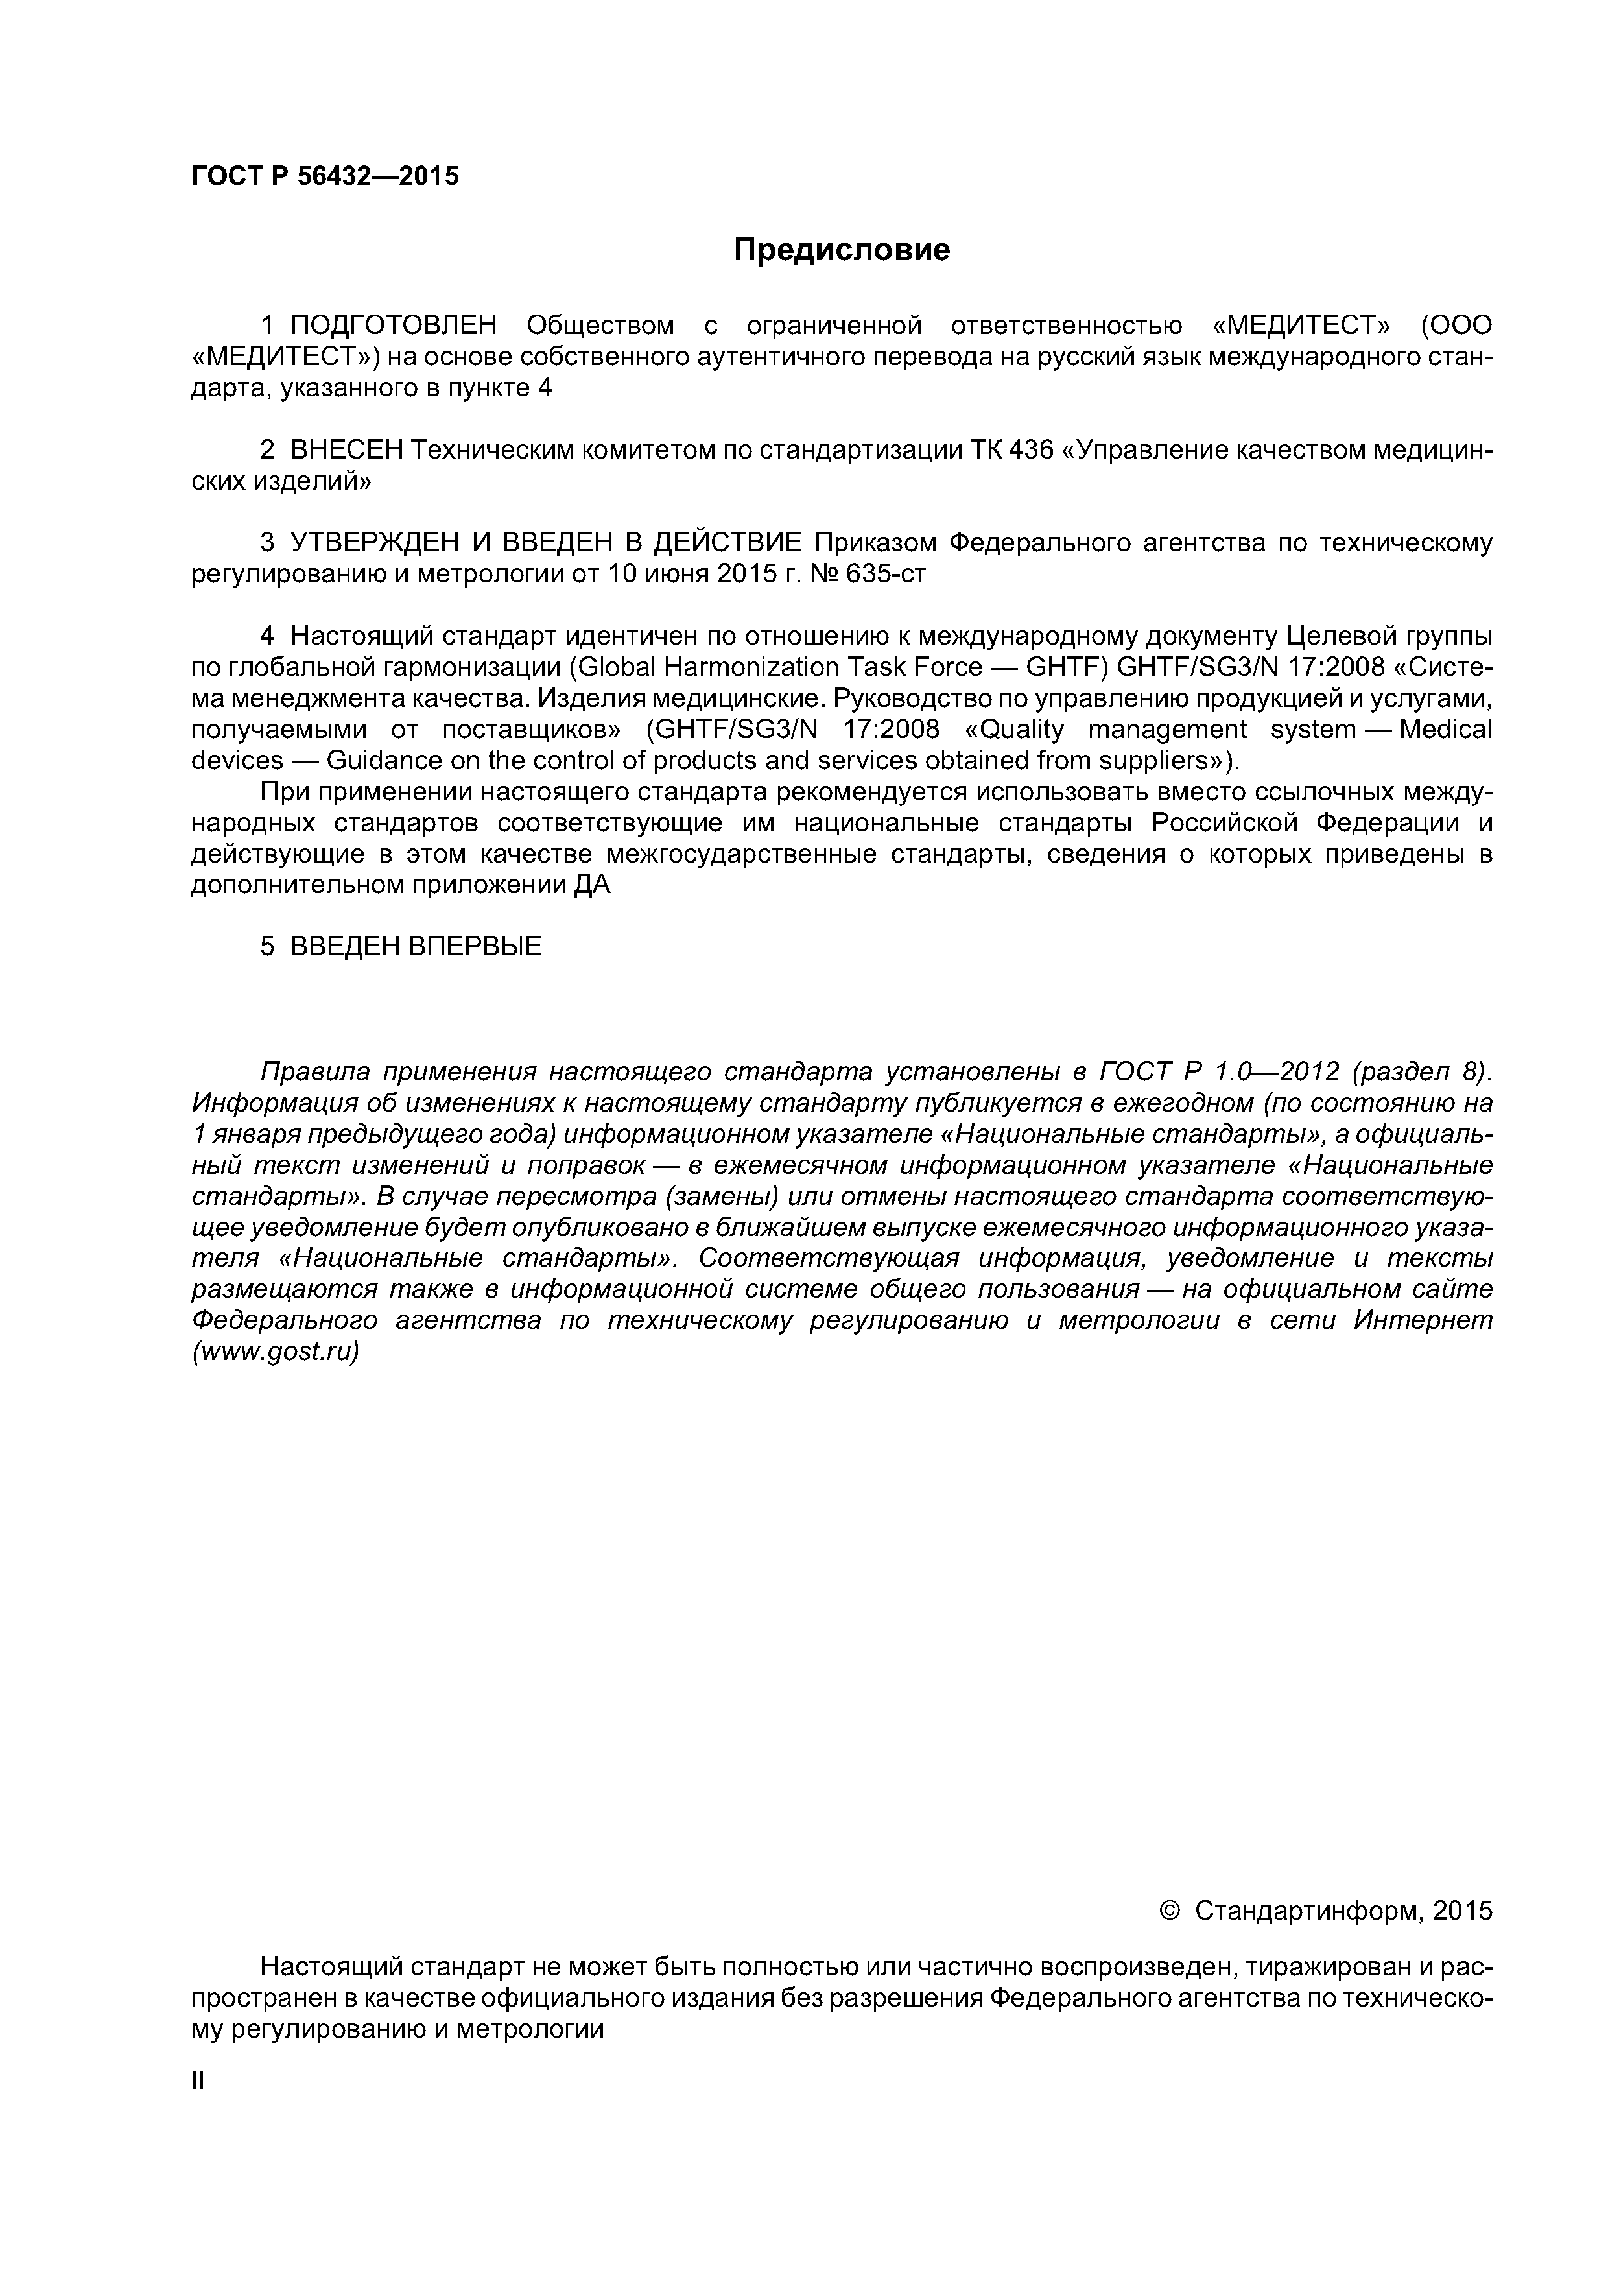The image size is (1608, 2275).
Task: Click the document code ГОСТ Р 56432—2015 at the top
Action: click(325, 176)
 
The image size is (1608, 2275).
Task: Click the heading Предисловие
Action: click(841, 250)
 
